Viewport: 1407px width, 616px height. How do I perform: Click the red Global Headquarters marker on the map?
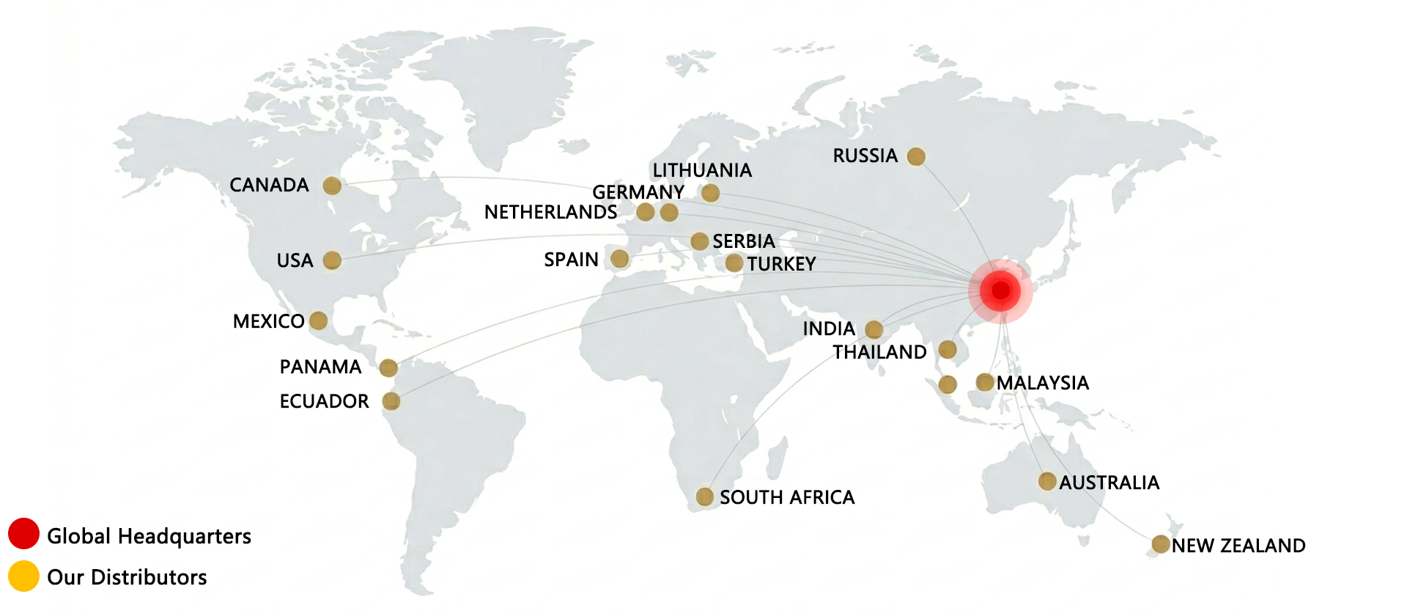1000,290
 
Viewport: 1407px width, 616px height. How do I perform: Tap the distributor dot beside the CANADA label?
332,186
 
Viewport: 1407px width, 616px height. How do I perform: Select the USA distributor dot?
332,260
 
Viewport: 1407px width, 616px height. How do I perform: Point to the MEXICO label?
268,321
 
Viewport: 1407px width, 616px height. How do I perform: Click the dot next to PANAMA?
388,367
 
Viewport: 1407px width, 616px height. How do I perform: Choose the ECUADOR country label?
324,401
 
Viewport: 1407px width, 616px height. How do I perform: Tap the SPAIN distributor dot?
620,259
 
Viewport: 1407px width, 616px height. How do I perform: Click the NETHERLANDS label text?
550,212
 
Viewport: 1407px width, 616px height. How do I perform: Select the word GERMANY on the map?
638,192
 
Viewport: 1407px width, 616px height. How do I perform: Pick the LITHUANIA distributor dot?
710,193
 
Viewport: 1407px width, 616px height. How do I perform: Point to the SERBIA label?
743,241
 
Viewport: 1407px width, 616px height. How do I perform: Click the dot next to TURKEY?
734,263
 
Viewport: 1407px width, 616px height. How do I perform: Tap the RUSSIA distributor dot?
916,156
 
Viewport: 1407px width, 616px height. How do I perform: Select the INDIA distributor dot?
874,329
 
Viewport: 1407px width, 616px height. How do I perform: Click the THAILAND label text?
879,352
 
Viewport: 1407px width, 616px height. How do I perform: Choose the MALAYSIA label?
1042,383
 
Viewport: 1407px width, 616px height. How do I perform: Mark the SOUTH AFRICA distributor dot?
704,496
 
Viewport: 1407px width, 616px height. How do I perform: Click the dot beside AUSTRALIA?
1047,481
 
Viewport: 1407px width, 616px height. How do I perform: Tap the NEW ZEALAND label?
1238,546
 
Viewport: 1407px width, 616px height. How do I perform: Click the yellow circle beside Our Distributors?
23,576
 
